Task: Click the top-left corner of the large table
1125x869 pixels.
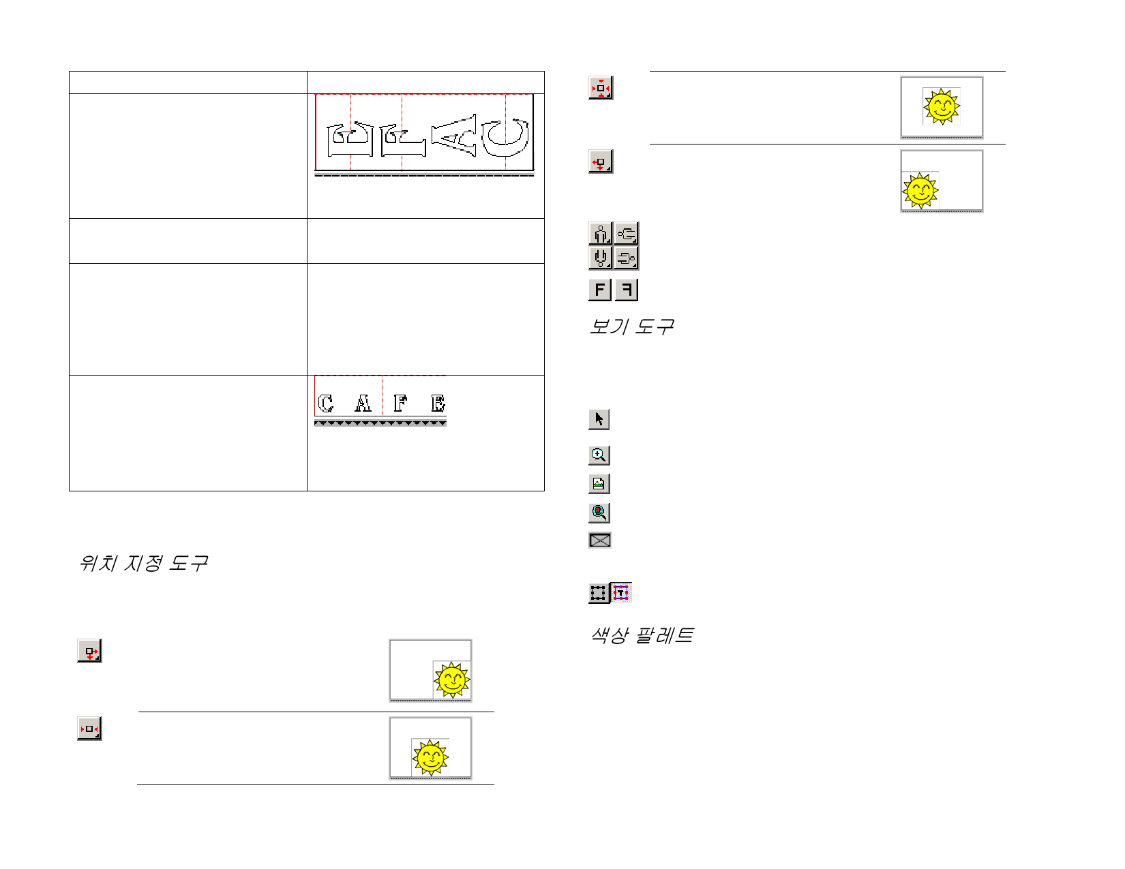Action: (70, 72)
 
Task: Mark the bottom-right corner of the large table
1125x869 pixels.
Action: (544, 491)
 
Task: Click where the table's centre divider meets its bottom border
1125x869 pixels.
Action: (307, 491)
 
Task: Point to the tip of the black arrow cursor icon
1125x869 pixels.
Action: (597, 412)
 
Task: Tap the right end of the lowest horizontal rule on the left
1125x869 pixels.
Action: (494, 784)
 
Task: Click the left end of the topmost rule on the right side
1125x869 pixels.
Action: (650, 71)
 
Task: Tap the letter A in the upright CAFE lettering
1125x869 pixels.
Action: (363, 403)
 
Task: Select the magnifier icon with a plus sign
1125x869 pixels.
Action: (599, 455)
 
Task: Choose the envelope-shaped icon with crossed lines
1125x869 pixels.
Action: (600, 540)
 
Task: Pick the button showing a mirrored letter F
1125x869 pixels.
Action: (627, 289)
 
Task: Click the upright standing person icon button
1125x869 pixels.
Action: (601, 233)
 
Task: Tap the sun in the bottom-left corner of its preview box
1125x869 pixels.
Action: (920, 190)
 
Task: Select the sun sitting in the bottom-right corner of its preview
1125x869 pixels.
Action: (452, 680)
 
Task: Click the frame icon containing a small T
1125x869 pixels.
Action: (620, 592)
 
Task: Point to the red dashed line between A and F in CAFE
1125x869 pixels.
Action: (382, 395)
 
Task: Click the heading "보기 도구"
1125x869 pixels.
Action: (631, 326)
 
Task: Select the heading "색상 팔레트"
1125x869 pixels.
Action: (642, 635)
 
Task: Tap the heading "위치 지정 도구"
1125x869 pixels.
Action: (143, 563)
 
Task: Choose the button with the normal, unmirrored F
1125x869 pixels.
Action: (600, 289)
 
